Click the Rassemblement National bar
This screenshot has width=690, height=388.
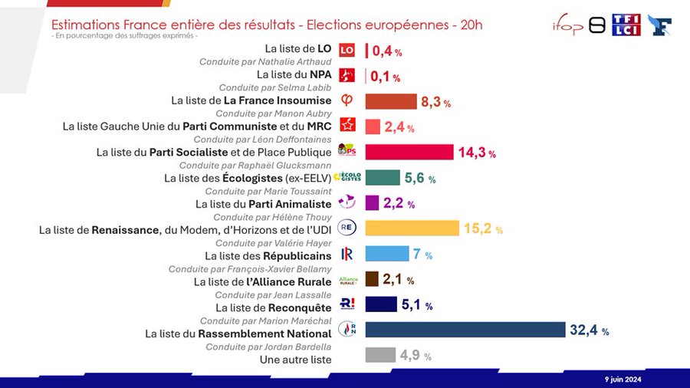pyautogui.click(x=465, y=330)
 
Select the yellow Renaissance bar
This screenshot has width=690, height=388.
pyautogui.click(x=412, y=229)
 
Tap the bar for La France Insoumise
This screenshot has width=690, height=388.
pyautogui.click(x=390, y=101)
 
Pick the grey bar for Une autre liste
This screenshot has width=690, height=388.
pyautogui.click(x=380, y=355)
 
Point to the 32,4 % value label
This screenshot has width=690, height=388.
pyautogui.click(x=589, y=330)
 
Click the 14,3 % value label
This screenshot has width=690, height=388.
pyautogui.click(x=476, y=153)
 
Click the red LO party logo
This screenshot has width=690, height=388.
pyautogui.click(x=347, y=51)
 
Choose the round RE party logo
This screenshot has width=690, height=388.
pyautogui.click(x=347, y=228)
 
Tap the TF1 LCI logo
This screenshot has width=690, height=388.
pyautogui.click(x=626, y=25)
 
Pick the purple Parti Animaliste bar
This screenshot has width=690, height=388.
pyautogui.click(x=372, y=203)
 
